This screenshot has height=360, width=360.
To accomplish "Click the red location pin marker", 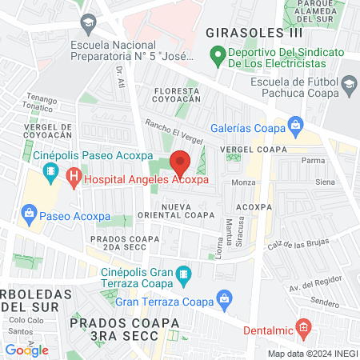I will coord(180,162).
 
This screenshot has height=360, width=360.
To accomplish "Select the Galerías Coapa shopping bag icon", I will coord(296,124).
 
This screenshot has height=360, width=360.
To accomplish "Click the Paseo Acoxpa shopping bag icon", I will coord(30,212).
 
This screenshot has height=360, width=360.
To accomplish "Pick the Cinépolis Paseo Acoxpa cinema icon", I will coord(51,171).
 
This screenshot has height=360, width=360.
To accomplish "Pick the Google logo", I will coord(26,350).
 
